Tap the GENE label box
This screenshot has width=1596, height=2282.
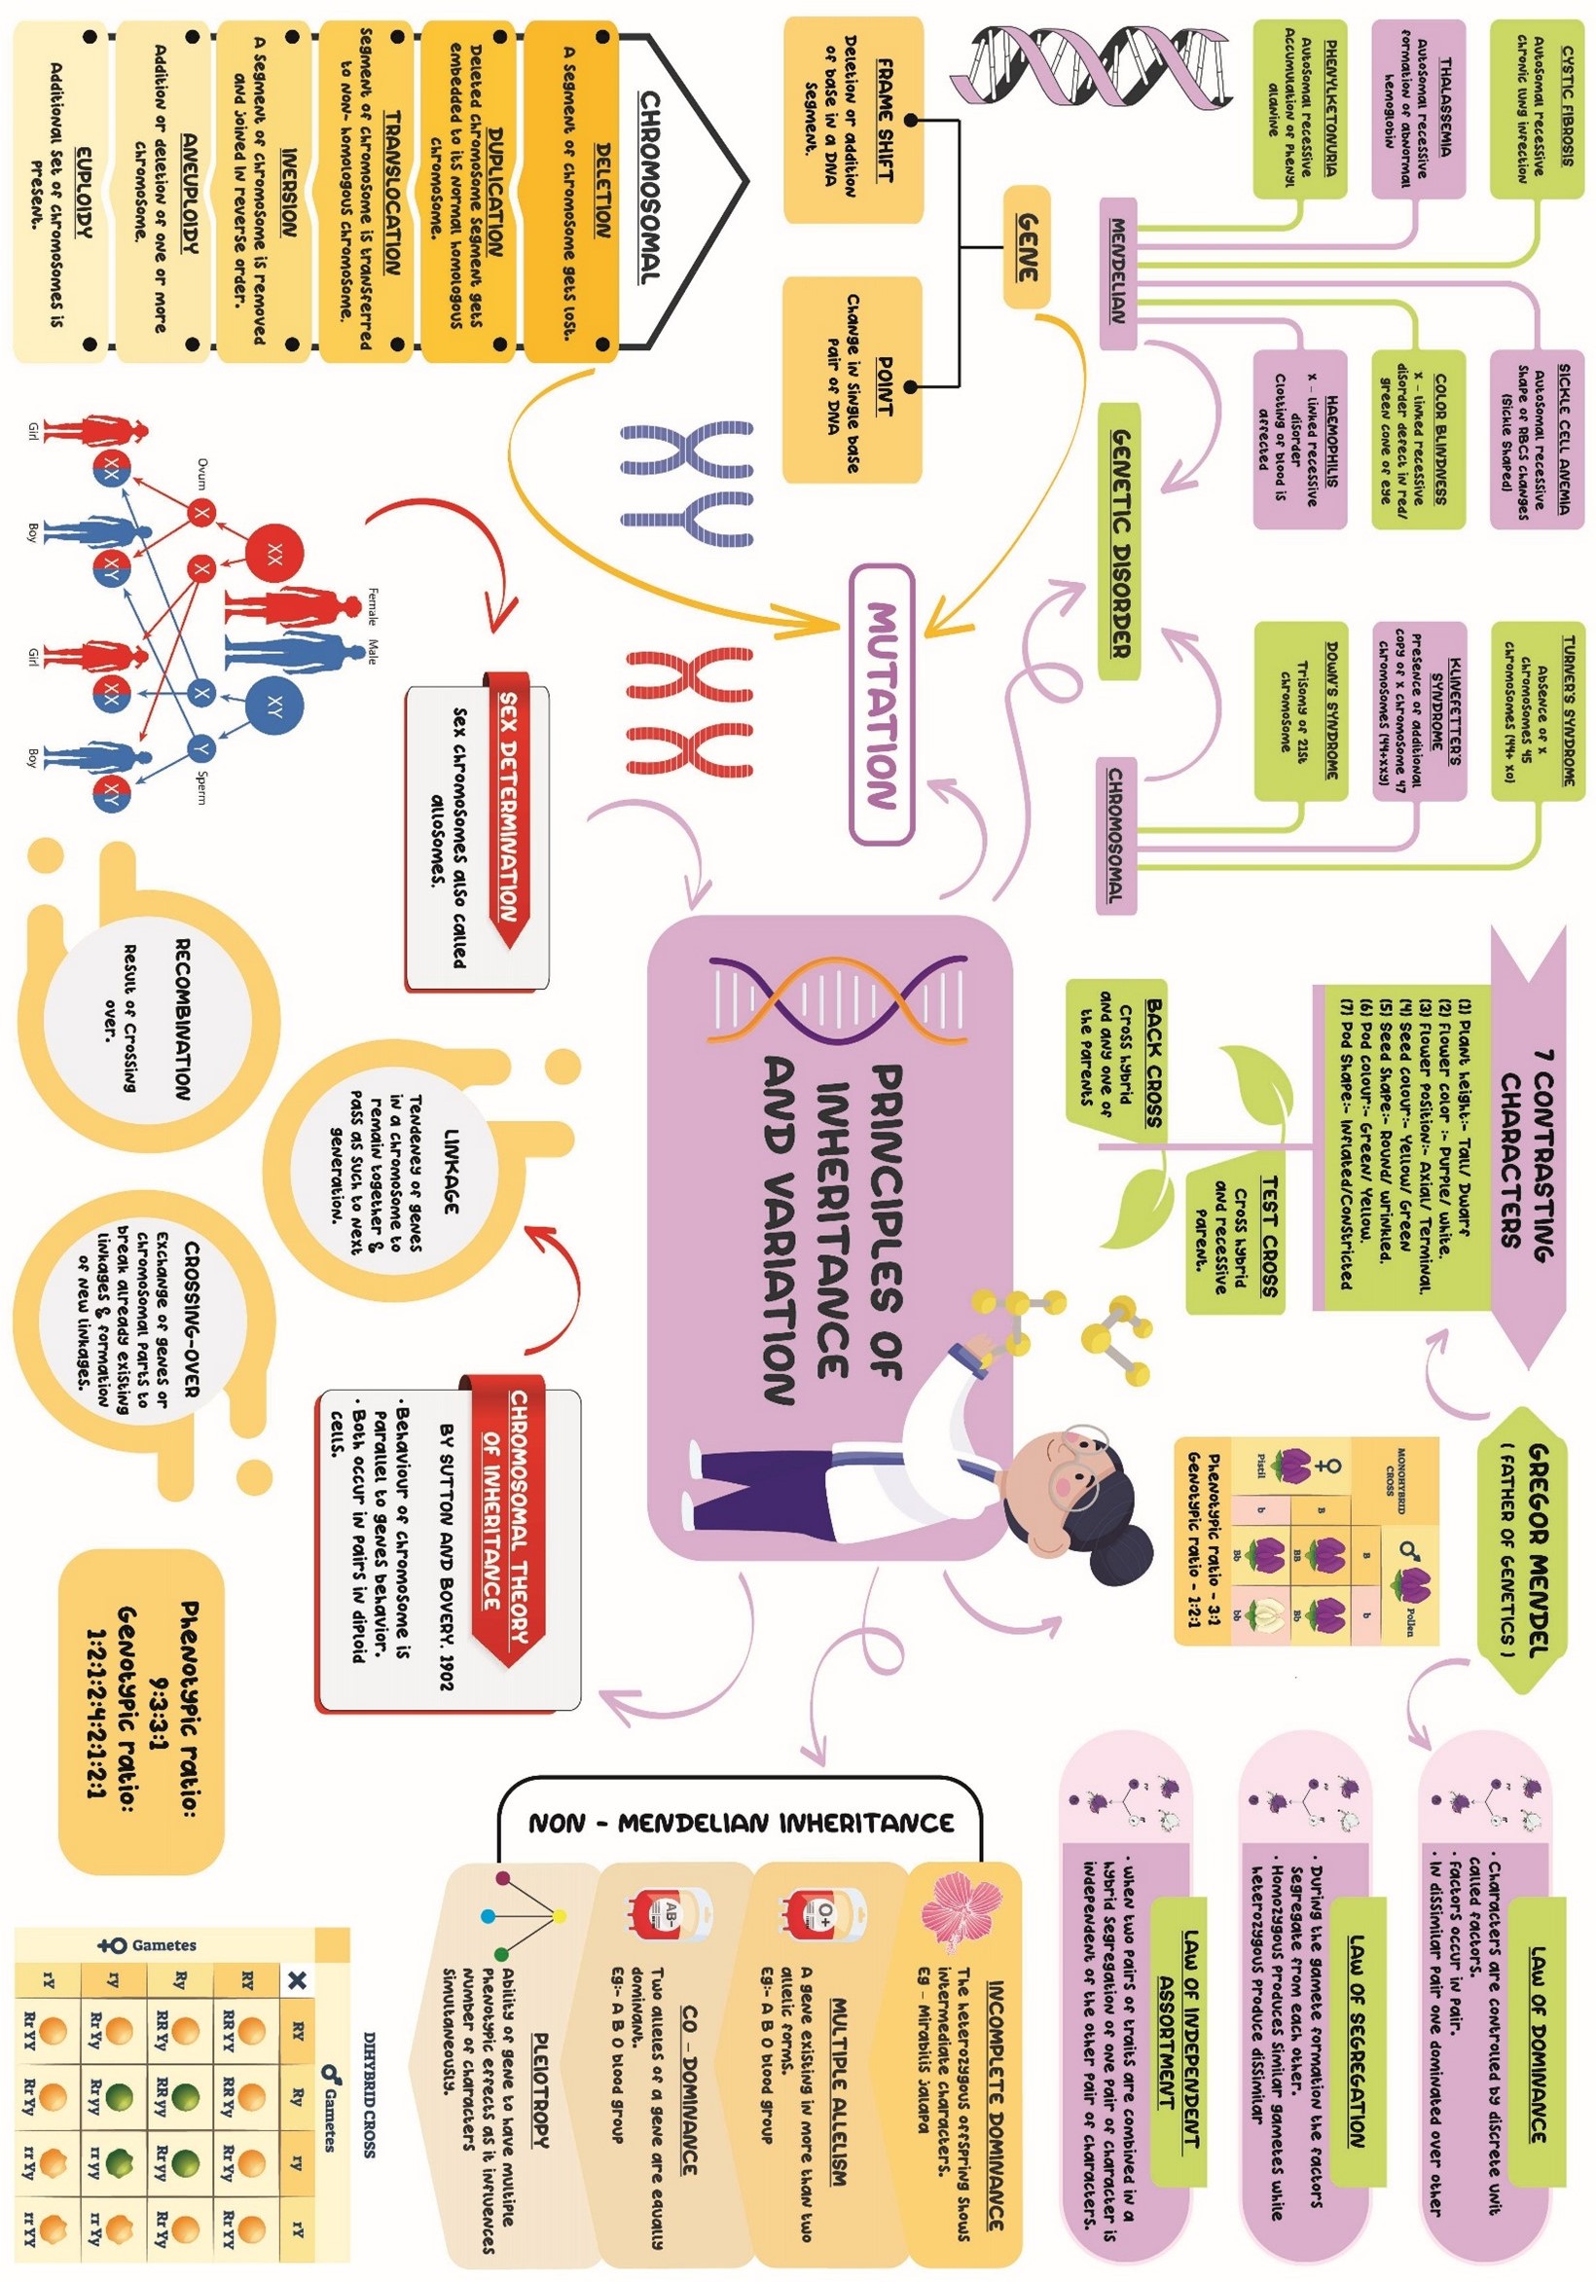tap(1027, 245)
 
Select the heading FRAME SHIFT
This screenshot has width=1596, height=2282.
tap(884, 120)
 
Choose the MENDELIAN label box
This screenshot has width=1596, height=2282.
tap(1117, 272)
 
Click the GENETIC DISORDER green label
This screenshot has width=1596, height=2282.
tap(1120, 543)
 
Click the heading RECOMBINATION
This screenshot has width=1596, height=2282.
tap(182, 1019)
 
